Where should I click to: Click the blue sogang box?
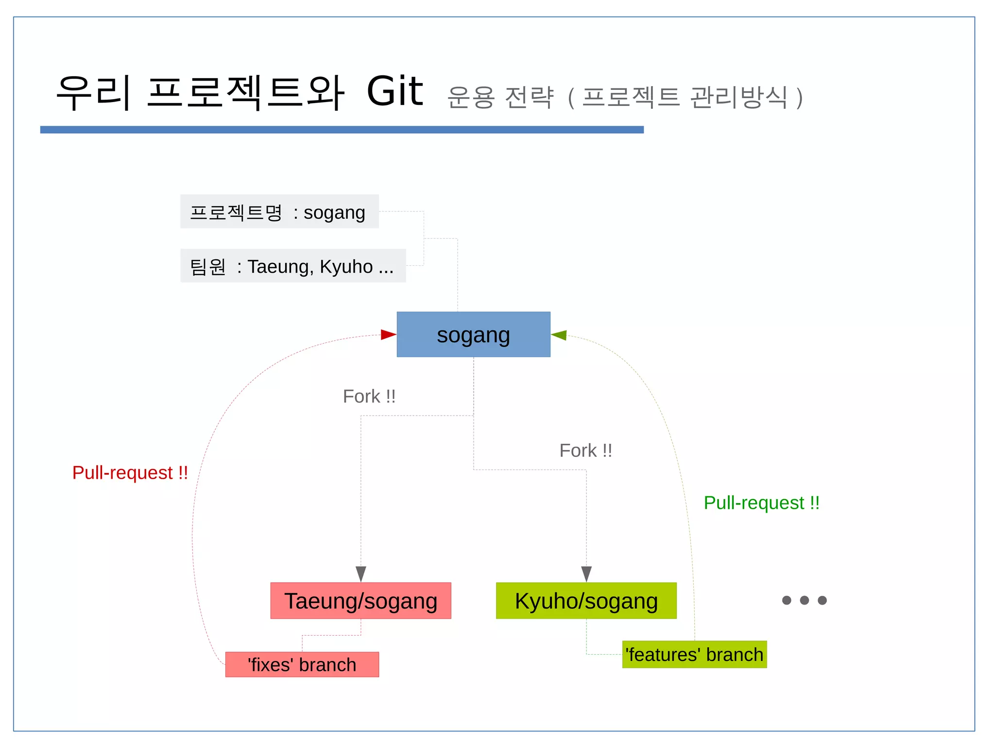pyautogui.click(x=473, y=334)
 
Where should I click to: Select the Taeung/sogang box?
pyautogui.click(x=360, y=600)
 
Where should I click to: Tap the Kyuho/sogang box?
pyautogui.click(x=586, y=600)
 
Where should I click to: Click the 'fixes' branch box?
pyautogui.click(x=302, y=664)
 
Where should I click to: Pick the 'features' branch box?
pyautogui.click(x=694, y=654)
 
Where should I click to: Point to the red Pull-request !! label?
pyautogui.click(x=130, y=472)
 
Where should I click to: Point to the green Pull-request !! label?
pyautogui.click(x=761, y=503)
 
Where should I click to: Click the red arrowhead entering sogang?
pyautogui.click(x=388, y=334)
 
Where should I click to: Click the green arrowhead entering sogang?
pyautogui.click(x=559, y=335)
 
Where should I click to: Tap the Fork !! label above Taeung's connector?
pyautogui.click(x=369, y=396)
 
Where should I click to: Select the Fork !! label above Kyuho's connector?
pyautogui.click(x=585, y=451)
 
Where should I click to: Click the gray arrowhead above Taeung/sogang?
pyautogui.click(x=360, y=573)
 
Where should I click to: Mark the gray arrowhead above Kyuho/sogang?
pyautogui.click(x=586, y=573)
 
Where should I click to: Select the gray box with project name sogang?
pyautogui.click(x=279, y=212)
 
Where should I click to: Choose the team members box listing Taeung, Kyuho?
pyautogui.click(x=293, y=266)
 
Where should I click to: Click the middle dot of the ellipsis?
pyautogui.click(x=805, y=600)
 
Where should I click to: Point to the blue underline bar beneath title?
pyautogui.click(x=342, y=130)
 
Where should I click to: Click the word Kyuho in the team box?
pyautogui.click(x=346, y=266)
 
